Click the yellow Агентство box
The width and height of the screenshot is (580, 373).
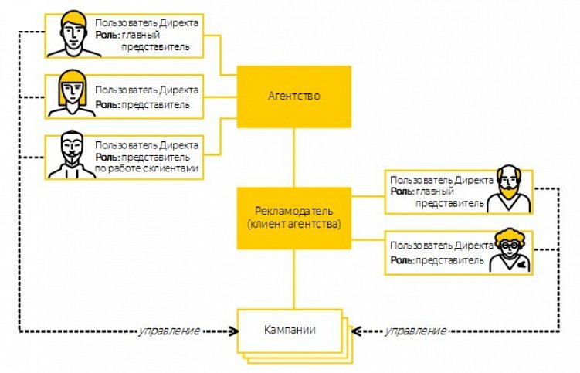[293, 97]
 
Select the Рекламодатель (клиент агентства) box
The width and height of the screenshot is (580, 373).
[293, 218]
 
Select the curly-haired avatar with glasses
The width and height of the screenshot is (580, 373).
[510, 249]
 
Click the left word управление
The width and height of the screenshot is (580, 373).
[169, 331]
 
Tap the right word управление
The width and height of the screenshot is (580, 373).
[415, 331]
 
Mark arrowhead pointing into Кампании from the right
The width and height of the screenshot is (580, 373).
[357, 331]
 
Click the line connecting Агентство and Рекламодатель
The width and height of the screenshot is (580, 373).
[293, 158]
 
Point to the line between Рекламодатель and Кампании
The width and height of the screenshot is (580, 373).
[293, 278]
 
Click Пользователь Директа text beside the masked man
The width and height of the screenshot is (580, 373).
[147, 144]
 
